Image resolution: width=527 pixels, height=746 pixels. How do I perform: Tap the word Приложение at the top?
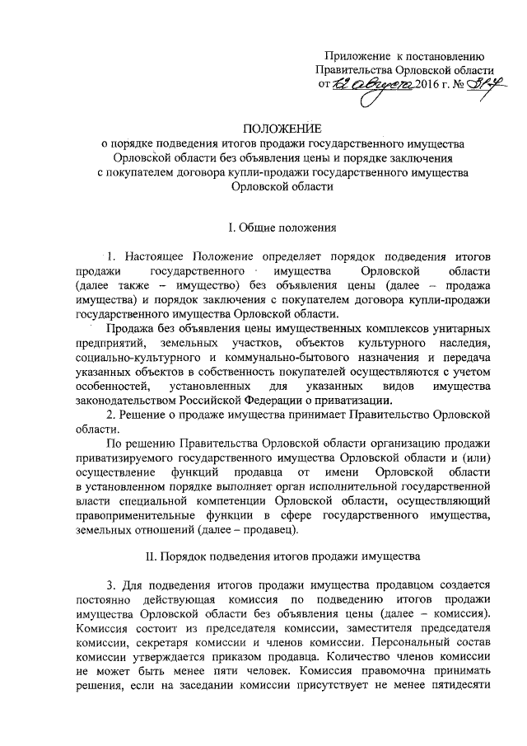(356, 55)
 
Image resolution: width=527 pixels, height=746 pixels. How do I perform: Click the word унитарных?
(466, 330)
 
